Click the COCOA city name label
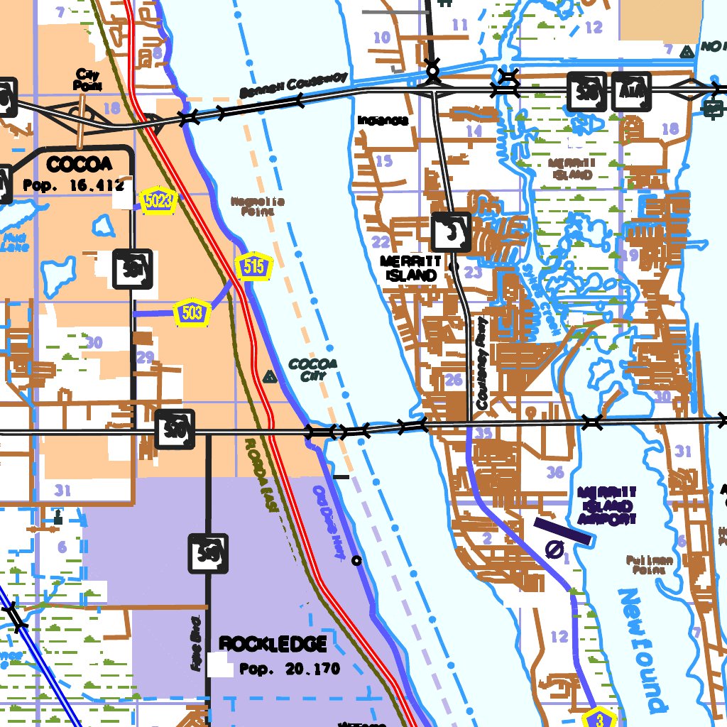[79, 165]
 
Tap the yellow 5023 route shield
[158, 200]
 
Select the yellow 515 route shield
[254, 267]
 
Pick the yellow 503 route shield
[192, 312]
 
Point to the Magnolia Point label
[257, 206]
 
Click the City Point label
[87, 80]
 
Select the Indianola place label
[383, 121]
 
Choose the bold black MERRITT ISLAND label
[411, 268]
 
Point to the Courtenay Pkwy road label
[483, 363]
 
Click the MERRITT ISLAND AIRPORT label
[608, 505]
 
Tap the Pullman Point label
[650, 564]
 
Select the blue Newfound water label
[643, 649]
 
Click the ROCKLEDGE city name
[273, 645]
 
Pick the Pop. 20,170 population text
[290, 669]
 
